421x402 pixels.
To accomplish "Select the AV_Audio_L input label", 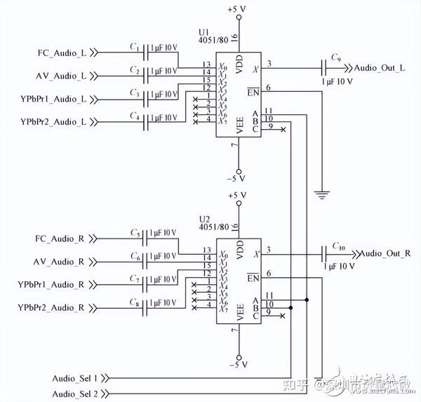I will (61, 75).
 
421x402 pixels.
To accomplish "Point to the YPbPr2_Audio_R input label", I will (53, 308).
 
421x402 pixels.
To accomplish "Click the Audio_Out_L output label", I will (380, 68).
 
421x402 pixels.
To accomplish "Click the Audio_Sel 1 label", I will (75, 378).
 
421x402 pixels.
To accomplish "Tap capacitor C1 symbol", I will (146, 52).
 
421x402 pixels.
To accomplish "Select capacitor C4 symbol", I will (146, 121).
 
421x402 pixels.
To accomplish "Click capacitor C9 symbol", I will (324, 68).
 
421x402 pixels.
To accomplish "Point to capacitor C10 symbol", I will (324, 253).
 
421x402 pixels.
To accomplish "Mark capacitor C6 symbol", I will (146, 261).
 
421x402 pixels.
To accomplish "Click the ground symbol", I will (321, 193).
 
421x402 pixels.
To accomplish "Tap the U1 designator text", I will (204, 33).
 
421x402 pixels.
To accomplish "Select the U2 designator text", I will (204, 217).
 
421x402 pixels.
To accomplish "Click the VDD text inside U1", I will (239, 67).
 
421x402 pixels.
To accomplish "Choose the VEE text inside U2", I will (239, 312).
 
